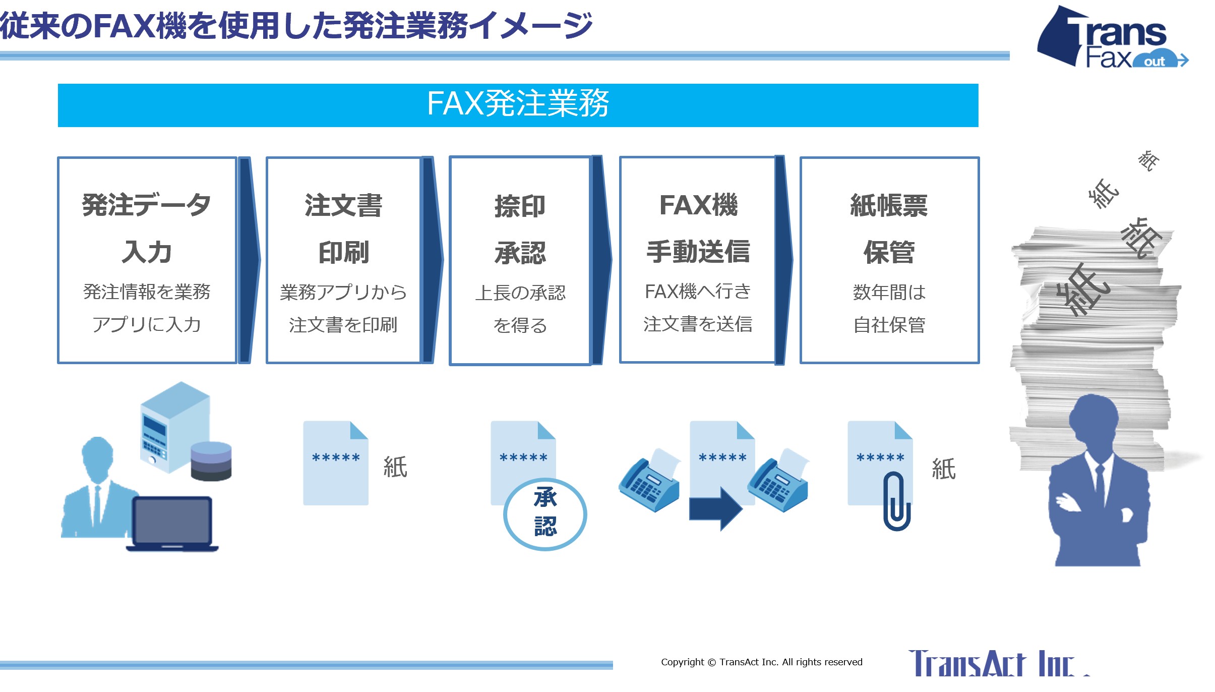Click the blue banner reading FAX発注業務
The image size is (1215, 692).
pyautogui.click(x=518, y=105)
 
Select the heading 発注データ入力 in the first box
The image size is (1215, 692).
pyautogui.click(x=147, y=228)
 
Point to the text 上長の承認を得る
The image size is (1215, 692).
pyautogui.click(x=520, y=309)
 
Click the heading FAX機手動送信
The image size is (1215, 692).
pyautogui.click(x=698, y=228)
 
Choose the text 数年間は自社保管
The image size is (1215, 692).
pyautogui.click(x=889, y=308)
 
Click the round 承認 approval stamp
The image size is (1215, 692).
pyautogui.click(x=545, y=513)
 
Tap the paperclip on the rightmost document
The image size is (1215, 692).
pyautogui.click(x=897, y=501)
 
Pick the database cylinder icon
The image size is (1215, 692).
pyautogui.click(x=211, y=461)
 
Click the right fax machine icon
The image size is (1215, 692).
pyautogui.click(x=778, y=480)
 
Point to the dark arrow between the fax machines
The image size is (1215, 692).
pyautogui.click(x=716, y=508)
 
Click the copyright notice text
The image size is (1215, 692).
pyautogui.click(x=762, y=662)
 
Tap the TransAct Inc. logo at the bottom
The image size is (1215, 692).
pyautogui.click(x=998, y=663)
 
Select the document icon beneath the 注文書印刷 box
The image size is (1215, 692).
pyautogui.click(x=336, y=463)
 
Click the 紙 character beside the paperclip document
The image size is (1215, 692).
pyautogui.click(x=944, y=469)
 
